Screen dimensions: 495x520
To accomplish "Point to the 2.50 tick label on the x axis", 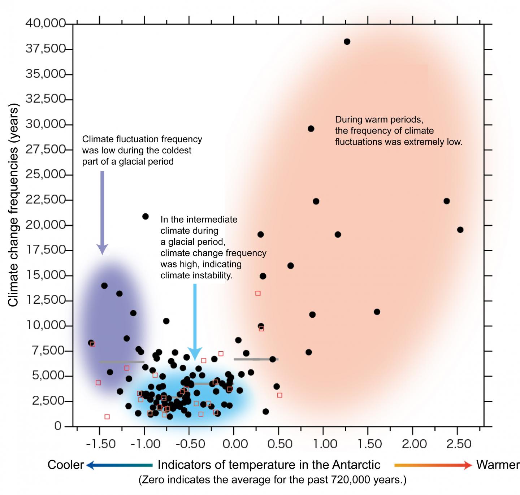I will pos(459,443).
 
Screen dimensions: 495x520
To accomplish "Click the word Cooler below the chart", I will pos(66,465).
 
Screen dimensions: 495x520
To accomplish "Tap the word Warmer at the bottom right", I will pos(498,465).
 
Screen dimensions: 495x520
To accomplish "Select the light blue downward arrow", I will pos(195,321).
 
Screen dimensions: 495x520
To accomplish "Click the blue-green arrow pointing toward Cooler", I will pos(120,465).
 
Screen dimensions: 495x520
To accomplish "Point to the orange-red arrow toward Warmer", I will pos(433,465).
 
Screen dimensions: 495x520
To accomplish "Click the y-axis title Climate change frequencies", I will pos(13,206).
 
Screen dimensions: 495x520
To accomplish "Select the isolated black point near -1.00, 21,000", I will pos(146,217).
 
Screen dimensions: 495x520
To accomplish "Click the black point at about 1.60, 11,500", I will pos(377,312).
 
